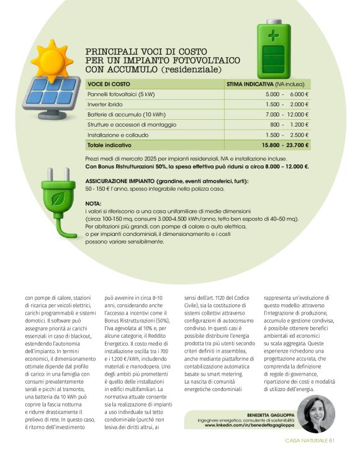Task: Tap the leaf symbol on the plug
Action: pos(60,200)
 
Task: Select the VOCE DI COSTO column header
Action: pos(109,83)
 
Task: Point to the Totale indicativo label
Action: pos(110,145)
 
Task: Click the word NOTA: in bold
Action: pos(92,204)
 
